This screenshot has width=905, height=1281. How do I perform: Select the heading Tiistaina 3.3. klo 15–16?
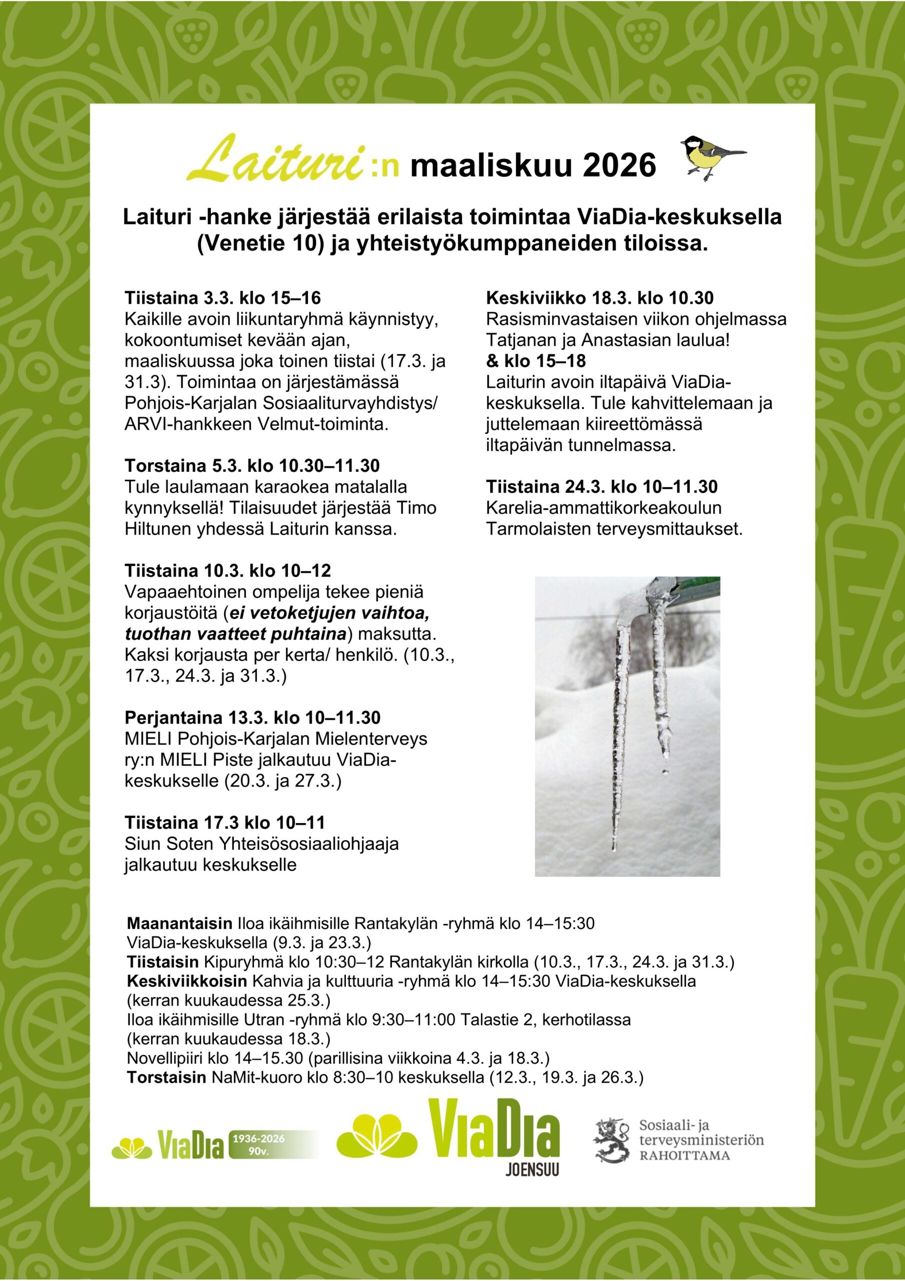tap(222, 298)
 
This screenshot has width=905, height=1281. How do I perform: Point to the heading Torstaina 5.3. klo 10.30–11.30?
tap(252, 466)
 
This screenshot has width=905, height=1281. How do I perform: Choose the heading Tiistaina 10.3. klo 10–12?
tap(227, 571)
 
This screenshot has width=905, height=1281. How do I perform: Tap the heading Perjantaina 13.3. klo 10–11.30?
tap(252, 718)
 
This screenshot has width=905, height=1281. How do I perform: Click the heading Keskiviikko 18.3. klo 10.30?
tap(599, 298)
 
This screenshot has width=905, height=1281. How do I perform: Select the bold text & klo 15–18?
tap(535, 361)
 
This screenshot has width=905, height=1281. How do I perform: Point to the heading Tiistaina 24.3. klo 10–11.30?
tap(601, 486)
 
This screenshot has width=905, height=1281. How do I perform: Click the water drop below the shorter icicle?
tap(664, 772)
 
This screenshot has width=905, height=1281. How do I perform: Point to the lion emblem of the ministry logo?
tap(611, 1140)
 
